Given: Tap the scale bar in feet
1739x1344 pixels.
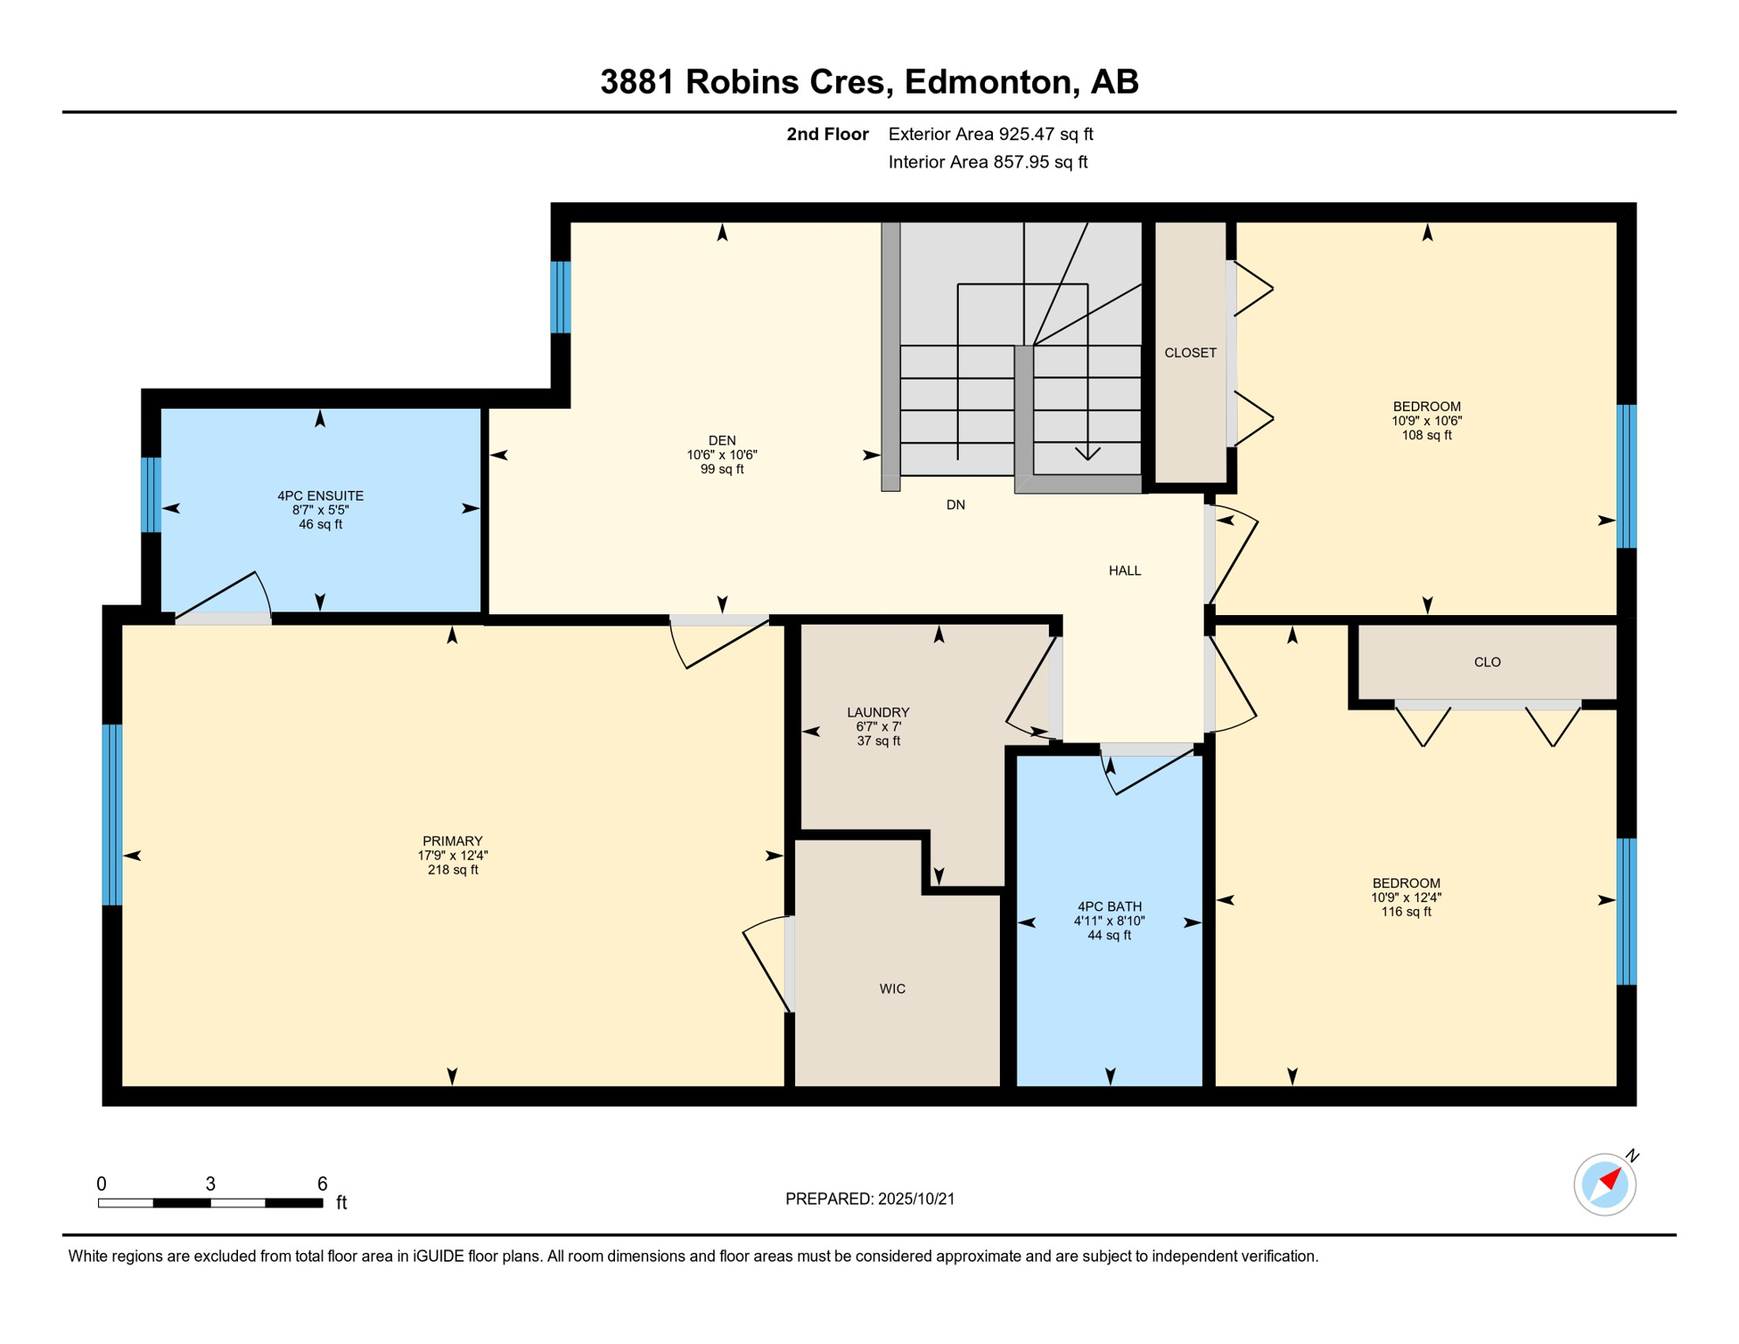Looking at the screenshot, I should click(x=210, y=1203).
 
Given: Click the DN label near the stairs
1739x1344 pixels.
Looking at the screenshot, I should click(x=955, y=505).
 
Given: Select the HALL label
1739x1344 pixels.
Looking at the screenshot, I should click(x=1124, y=570).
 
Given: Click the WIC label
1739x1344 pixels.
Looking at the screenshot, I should click(x=892, y=989).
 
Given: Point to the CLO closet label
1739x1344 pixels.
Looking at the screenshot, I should click(x=1487, y=662).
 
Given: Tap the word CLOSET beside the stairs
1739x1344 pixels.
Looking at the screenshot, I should click(x=1190, y=353).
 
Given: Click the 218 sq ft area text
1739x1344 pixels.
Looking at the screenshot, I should click(x=452, y=870).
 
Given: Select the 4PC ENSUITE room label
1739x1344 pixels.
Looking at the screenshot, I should click(x=320, y=495).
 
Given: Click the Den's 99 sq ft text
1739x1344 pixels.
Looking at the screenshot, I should click(x=722, y=469).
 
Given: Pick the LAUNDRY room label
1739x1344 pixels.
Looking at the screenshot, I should click(x=878, y=712).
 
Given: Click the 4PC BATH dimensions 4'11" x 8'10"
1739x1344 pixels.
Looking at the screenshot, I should click(x=1109, y=920).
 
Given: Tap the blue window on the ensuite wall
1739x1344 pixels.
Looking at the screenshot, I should click(x=151, y=494).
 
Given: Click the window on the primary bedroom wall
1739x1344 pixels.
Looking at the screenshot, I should click(x=112, y=814).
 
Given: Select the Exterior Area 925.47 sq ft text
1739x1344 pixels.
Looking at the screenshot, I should click(x=990, y=134).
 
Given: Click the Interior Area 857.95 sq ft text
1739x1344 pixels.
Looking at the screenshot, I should click(x=988, y=162).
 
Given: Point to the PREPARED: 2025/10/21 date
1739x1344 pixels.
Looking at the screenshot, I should click(x=869, y=1199).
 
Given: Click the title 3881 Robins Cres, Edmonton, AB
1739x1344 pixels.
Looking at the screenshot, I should click(x=869, y=81).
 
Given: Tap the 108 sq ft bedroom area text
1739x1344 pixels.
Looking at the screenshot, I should click(x=1426, y=435).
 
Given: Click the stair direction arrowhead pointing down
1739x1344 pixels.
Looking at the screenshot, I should click(x=1087, y=453).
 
